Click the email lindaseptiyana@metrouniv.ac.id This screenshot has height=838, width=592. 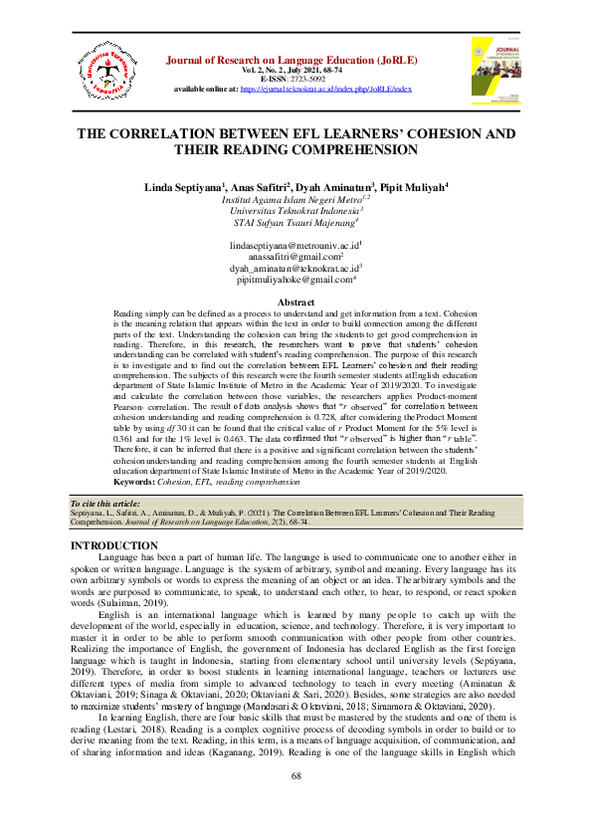click(294, 245)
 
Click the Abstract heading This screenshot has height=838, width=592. click(296, 303)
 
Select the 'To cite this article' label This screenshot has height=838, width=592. click(105, 505)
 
